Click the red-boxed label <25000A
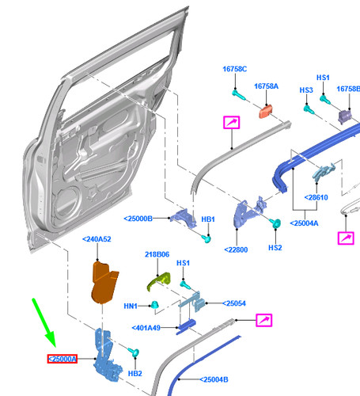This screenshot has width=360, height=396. pyautogui.click(x=63, y=359)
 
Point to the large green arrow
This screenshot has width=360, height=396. pyautogui.click(x=44, y=322)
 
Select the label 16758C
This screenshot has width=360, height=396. pyautogui.click(x=235, y=69)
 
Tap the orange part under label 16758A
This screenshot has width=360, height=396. pyautogui.click(x=266, y=112)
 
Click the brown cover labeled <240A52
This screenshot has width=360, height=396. pyautogui.click(x=104, y=283)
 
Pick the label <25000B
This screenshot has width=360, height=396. pyautogui.click(x=138, y=219)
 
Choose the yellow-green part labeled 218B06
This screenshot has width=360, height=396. pyautogui.click(x=158, y=281)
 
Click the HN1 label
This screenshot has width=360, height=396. pyautogui.click(x=131, y=306)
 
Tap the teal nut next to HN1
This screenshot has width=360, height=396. pyautogui.click(x=154, y=305)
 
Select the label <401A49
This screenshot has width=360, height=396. pyautogui.click(x=146, y=328)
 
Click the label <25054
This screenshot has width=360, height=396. pyautogui.click(x=234, y=303)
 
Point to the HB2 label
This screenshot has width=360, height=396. pyautogui.click(x=135, y=374)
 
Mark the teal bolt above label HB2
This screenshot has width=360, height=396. pyautogui.click(x=134, y=352)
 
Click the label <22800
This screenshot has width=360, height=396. pyautogui.click(x=236, y=249)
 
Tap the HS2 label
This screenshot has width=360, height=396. pyautogui.click(x=275, y=248)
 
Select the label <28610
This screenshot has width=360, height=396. pyautogui.click(x=316, y=197)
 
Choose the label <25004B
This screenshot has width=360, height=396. pyautogui.click(x=214, y=379)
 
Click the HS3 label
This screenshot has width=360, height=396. pyautogui.click(x=306, y=90)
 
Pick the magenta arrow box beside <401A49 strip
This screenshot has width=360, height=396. pyautogui.click(x=263, y=320)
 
